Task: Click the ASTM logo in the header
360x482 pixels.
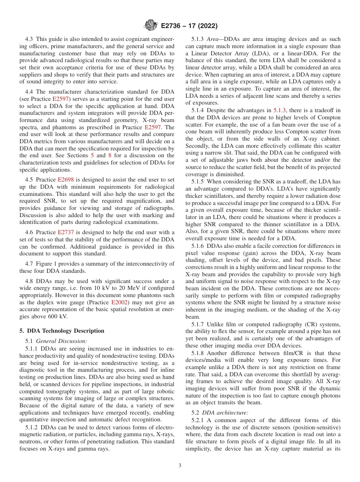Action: [151, 25]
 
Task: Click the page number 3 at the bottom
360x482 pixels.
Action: [180, 466]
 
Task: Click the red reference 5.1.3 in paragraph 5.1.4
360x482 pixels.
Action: [280, 110]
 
